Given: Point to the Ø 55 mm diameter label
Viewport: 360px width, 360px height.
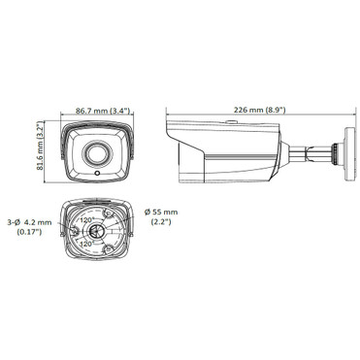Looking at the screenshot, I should [161, 213].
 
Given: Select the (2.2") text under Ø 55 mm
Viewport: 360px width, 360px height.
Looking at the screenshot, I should [161, 224].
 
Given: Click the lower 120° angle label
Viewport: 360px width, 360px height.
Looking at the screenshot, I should [87, 244].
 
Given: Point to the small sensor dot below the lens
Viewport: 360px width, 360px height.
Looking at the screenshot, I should [97, 172].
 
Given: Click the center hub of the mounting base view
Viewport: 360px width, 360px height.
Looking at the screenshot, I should [97, 234].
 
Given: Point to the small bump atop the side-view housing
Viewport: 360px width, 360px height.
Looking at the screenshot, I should [233, 122].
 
